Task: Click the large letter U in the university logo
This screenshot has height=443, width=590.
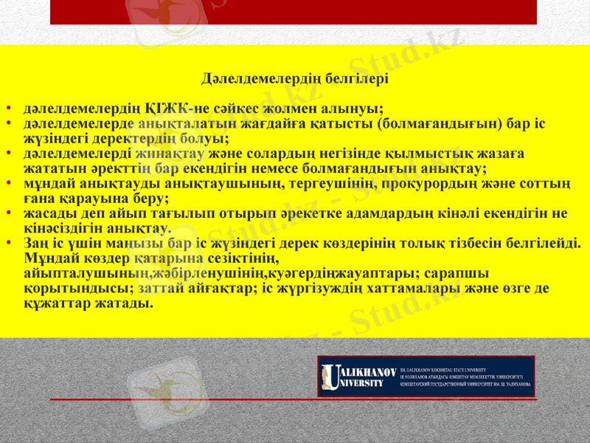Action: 332,377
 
